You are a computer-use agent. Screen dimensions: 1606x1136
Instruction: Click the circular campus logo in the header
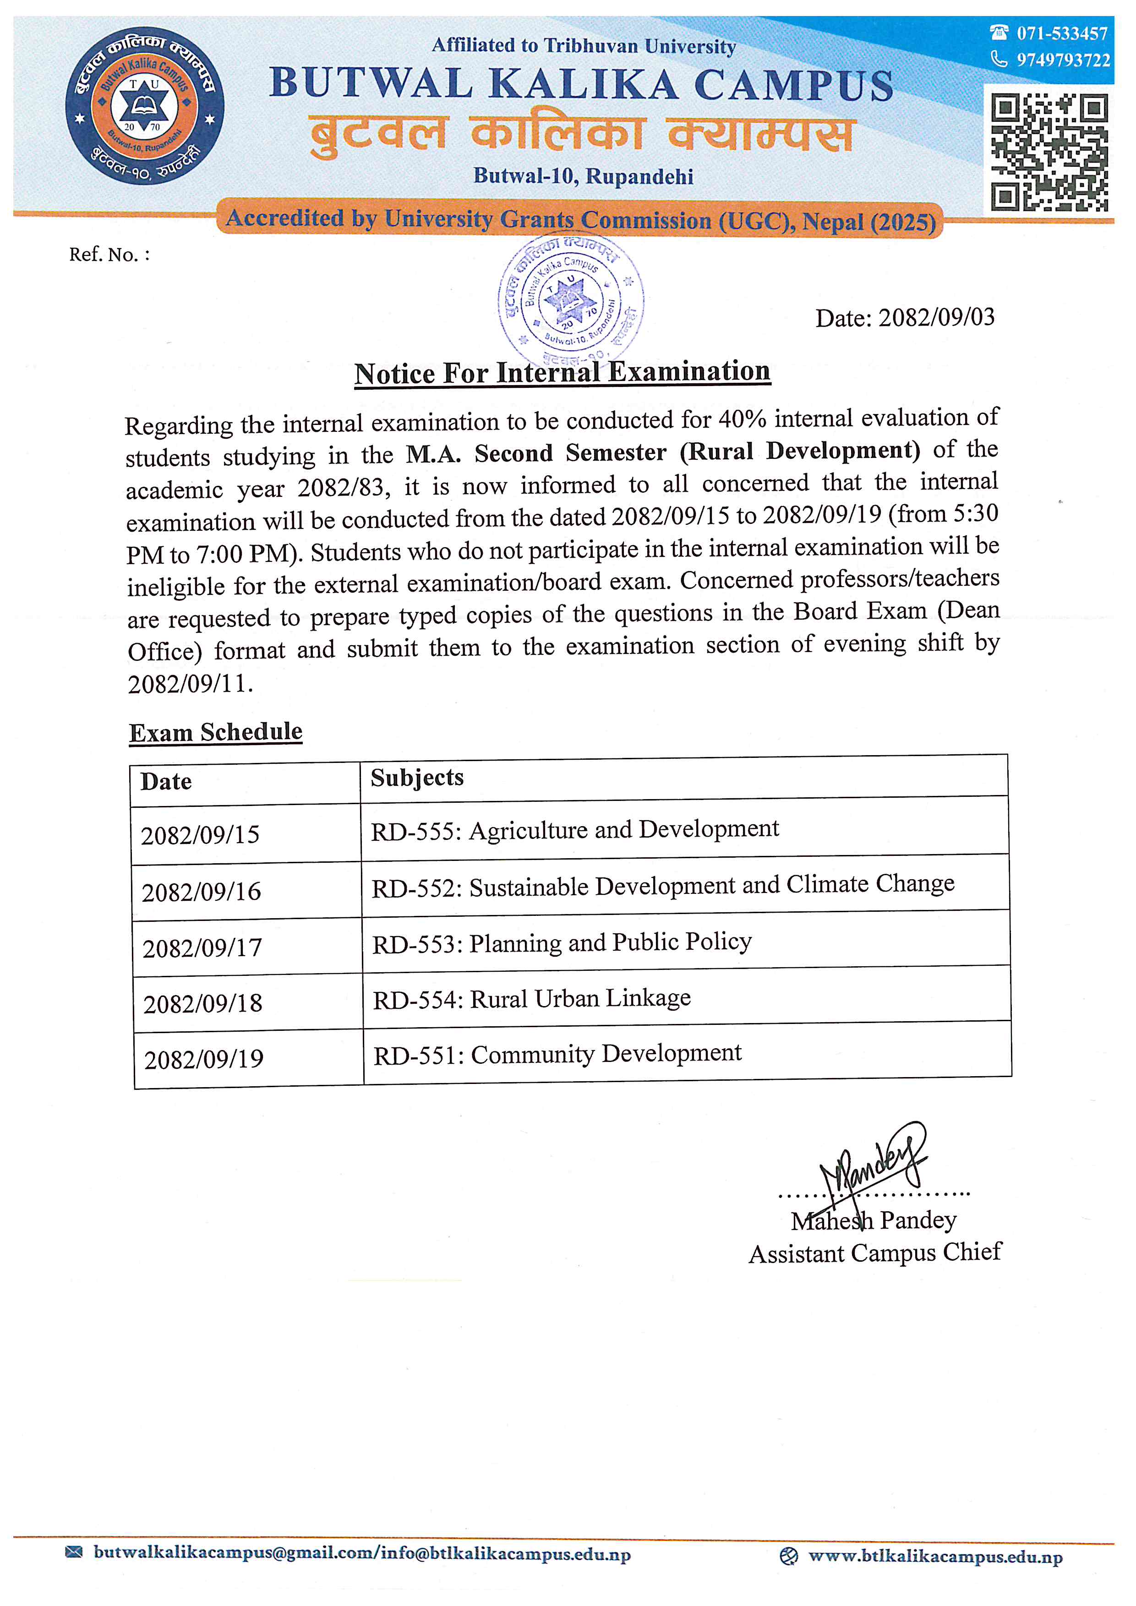[x=145, y=106]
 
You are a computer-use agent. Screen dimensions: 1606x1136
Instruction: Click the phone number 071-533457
[x=1061, y=33]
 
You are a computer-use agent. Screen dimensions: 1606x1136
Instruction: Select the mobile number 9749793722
[x=1063, y=60]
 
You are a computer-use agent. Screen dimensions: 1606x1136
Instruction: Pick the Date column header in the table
[x=166, y=781]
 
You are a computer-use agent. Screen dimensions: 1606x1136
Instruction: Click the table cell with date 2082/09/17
[x=202, y=948]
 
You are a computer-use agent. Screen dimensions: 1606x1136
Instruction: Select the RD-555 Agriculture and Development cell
[x=574, y=830]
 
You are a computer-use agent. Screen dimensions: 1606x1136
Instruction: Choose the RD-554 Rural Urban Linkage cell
[x=532, y=999]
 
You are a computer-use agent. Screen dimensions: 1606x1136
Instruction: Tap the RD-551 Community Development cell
[x=557, y=1054]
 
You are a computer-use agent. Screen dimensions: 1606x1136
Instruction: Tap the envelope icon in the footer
[x=73, y=1553]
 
